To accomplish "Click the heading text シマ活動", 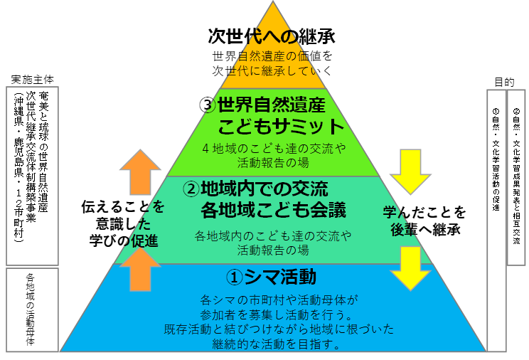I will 280,276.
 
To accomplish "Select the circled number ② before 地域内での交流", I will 191,189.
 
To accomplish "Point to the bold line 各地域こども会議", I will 273,210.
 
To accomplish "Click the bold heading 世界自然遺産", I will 271,106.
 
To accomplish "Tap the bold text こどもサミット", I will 281,127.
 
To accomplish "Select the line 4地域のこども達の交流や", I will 274,149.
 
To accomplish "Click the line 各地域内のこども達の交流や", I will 273,235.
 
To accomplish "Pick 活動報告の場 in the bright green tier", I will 273,162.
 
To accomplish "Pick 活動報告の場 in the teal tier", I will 273,250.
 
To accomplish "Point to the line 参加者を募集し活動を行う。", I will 273,314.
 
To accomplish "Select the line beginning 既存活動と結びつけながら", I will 273,329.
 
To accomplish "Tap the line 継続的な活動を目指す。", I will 273,344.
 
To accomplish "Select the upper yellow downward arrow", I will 410,171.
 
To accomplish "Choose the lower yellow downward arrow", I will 410,268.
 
